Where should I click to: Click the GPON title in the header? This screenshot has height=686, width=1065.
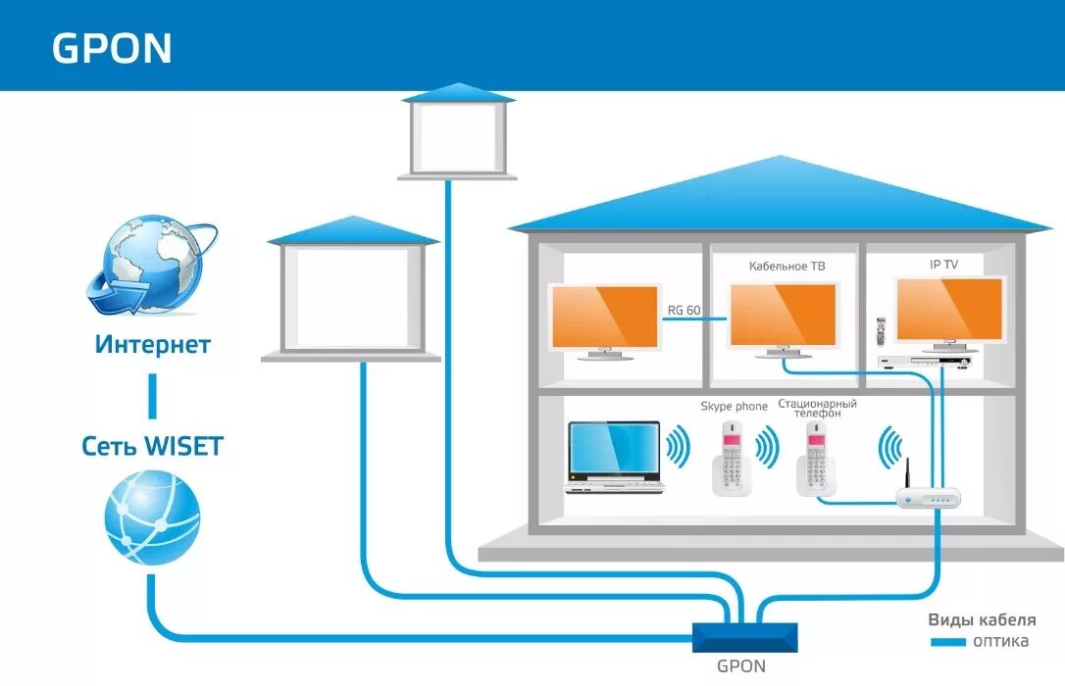[x=112, y=49]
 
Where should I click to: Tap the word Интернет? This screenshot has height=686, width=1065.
[x=153, y=345]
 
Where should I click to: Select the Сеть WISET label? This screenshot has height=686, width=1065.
[x=152, y=448]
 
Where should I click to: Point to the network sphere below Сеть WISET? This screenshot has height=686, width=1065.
[x=152, y=516]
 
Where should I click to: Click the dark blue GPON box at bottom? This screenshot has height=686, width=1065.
[x=744, y=637]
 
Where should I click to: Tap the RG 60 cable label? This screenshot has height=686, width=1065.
[x=684, y=311]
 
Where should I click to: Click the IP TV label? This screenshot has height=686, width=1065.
[x=943, y=265]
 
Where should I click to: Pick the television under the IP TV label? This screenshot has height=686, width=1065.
[x=949, y=312]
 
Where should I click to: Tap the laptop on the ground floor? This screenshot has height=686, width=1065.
[x=615, y=457]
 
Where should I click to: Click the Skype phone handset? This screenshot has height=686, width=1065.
[x=732, y=458]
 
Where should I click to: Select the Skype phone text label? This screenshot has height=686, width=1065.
[x=734, y=406]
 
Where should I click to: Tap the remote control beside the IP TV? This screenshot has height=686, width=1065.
[x=881, y=330]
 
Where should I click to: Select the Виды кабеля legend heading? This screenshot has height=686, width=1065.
[x=982, y=620]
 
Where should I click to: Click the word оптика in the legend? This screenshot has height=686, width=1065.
[x=1000, y=642]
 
